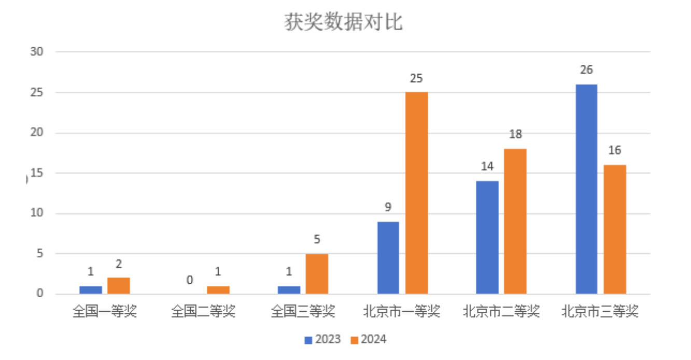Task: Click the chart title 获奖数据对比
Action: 343,22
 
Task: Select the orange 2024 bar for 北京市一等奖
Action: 417,193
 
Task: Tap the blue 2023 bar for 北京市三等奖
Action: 586,189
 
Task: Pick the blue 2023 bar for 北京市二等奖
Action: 487,238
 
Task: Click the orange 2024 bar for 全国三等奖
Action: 317,274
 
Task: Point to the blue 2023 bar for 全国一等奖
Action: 91,290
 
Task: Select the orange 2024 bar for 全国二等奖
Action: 218,290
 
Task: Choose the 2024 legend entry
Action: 368,340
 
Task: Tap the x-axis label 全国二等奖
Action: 203,312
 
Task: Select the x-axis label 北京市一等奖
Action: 402,312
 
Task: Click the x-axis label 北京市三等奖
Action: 600,312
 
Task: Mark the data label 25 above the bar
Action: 416,78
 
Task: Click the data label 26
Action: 586,71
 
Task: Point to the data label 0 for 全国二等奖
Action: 190,280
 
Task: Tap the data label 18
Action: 515,135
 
